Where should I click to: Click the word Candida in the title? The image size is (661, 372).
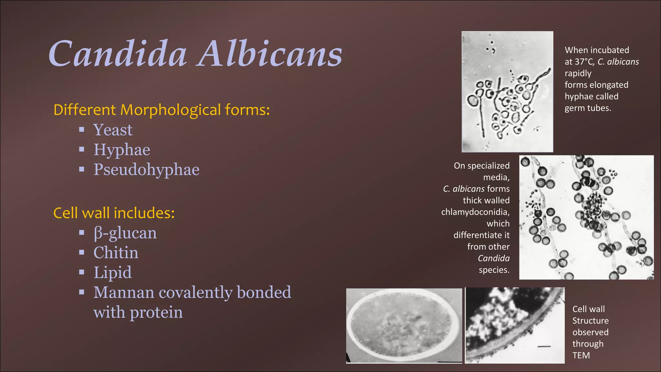(x=118, y=54)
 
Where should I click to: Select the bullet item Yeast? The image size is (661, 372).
(x=113, y=130)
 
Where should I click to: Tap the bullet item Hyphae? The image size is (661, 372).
(x=122, y=150)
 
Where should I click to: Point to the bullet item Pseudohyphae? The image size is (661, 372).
(x=147, y=170)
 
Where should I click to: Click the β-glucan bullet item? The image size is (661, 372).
(x=125, y=233)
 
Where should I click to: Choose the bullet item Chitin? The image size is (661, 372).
(x=116, y=253)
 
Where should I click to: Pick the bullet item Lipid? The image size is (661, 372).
(x=113, y=273)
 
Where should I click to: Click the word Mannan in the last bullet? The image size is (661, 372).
(x=124, y=293)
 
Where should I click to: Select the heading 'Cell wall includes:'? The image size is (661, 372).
(x=114, y=213)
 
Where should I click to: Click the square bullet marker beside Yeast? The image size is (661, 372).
(x=82, y=130)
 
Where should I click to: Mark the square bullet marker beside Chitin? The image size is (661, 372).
(x=82, y=253)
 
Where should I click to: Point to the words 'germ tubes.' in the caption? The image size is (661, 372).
(x=588, y=108)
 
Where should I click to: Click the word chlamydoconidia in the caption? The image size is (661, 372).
(x=475, y=212)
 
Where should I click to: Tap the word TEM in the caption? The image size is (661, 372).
(x=581, y=355)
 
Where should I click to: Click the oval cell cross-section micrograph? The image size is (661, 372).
(x=404, y=325)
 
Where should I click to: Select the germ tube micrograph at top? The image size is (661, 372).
(x=507, y=92)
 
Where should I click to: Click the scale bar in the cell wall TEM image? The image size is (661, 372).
(x=544, y=346)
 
